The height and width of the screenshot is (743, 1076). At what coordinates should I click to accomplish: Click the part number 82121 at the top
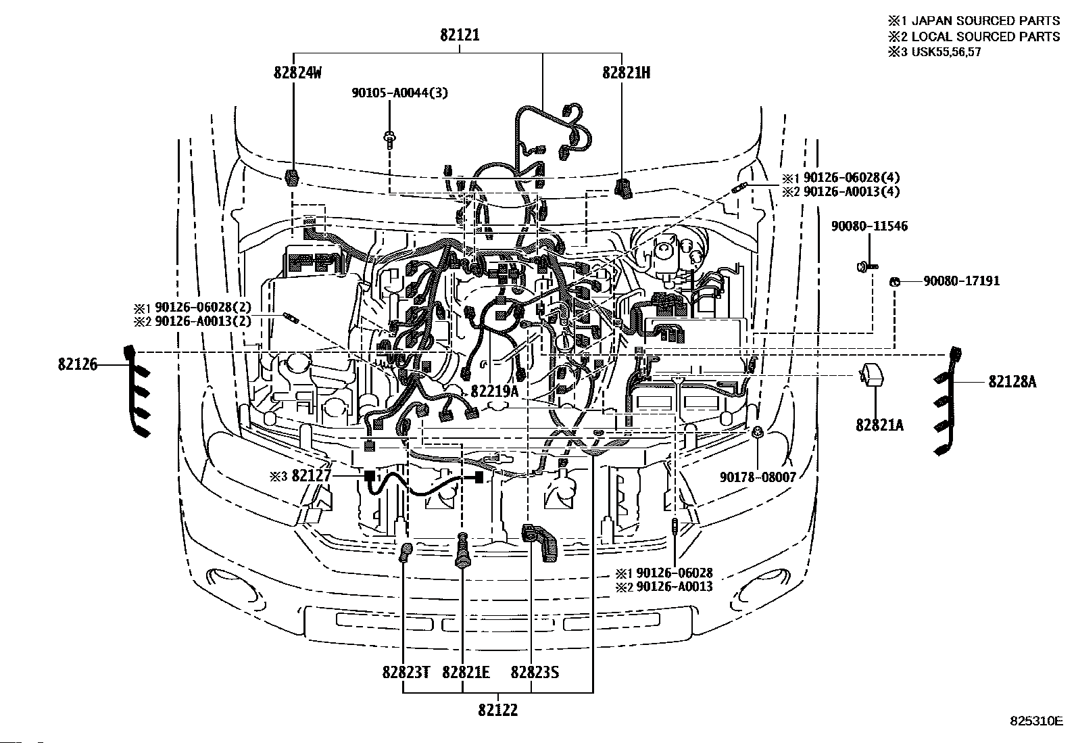coord(460,35)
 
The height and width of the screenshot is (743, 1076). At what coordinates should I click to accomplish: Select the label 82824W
coord(297,73)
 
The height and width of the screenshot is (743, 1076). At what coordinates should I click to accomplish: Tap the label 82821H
coord(627,73)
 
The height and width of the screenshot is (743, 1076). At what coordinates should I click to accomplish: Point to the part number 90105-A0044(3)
coord(399,93)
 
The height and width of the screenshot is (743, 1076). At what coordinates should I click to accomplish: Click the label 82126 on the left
coord(78,365)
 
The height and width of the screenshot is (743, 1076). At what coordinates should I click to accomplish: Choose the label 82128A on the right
coord(1012,382)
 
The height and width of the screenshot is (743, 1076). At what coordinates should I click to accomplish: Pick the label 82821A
coord(879,425)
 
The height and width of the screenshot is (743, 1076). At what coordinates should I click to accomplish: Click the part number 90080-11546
coord(869,226)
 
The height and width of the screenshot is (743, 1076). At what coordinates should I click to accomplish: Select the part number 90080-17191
coord(962,281)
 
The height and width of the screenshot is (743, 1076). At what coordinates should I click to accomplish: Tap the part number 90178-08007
coord(758,477)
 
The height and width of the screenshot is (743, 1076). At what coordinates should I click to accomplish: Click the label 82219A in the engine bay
coord(494,391)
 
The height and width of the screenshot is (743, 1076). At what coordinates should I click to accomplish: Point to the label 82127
coord(312,476)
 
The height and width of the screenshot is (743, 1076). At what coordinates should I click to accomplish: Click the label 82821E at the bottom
coord(466,673)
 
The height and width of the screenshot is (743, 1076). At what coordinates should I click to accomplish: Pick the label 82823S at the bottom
coord(535,673)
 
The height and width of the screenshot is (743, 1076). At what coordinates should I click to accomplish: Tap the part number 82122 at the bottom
coord(498,710)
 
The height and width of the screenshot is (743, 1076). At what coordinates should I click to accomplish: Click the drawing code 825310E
coord(1036,721)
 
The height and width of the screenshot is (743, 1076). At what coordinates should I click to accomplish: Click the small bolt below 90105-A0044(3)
coord(390,138)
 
